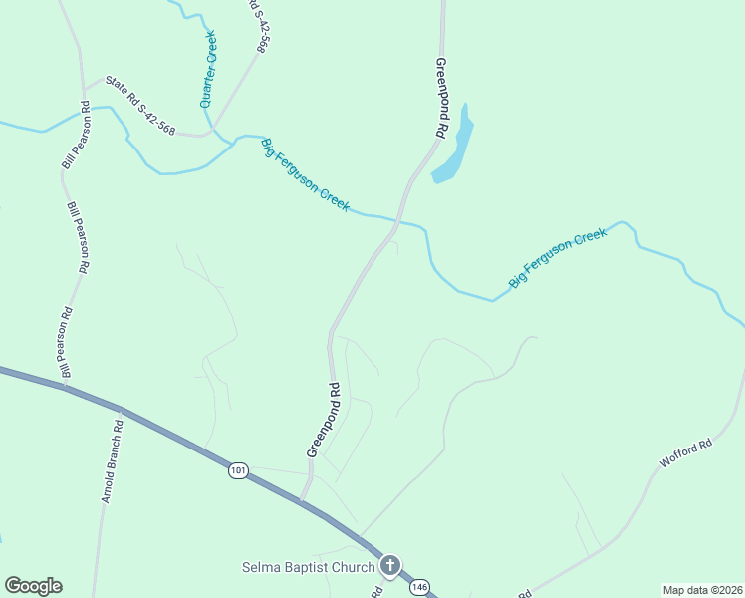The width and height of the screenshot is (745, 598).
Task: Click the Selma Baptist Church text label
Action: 308,567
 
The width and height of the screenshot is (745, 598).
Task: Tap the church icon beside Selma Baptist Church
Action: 390,566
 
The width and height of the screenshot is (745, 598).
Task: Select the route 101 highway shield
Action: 237,470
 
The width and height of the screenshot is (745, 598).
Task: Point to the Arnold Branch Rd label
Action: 112,460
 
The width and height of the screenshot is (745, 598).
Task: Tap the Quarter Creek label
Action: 208,69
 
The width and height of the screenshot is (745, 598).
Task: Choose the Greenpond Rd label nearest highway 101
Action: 322,420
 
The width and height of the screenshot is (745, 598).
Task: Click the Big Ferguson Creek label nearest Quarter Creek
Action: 305,174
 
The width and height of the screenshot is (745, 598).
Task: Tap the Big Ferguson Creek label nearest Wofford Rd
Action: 558,259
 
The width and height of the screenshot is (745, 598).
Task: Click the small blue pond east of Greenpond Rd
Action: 453,150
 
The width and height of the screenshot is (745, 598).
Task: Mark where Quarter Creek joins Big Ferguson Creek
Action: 213,132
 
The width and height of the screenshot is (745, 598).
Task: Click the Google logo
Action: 33,586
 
